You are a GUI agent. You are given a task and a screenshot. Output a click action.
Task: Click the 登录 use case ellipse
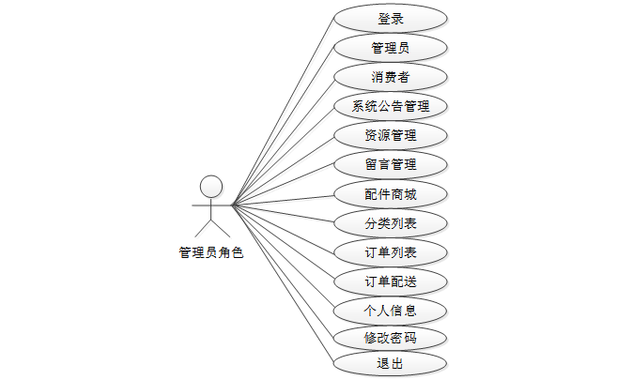tap(391, 19)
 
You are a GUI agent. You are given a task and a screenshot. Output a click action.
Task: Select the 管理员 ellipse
tap(391, 48)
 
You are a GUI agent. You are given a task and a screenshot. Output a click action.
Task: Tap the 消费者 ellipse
tap(391, 77)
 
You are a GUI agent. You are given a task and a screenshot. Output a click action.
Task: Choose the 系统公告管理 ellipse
tap(391, 106)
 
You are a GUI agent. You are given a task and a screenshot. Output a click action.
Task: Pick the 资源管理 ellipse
tap(391, 135)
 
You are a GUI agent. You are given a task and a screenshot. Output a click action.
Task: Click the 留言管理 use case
tap(391, 164)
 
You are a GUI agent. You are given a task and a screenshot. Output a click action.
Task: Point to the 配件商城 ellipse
tap(391, 194)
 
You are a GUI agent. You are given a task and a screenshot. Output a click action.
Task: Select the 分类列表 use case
tap(391, 223)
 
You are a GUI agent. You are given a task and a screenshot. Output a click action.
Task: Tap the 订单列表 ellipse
tap(391, 252)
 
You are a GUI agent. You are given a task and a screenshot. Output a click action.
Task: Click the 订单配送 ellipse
tap(391, 281)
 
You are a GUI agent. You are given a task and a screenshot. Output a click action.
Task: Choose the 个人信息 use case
tap(390, 311)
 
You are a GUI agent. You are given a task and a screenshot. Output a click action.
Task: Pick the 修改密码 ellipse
tap(390, 338)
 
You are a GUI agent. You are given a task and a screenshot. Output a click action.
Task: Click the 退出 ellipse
tap(390, 363)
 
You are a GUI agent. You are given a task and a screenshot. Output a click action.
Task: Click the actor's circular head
tap(211, 187)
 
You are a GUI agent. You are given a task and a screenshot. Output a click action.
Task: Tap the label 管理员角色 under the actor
tap(211, 252)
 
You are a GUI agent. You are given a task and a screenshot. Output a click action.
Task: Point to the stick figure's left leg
tap(203, 229)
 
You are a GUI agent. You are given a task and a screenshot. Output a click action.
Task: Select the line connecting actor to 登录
tap(283, 112)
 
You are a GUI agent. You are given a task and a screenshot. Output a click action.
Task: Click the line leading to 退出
tap(283, 284)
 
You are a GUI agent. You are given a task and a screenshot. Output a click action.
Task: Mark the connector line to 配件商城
tap(283, 200)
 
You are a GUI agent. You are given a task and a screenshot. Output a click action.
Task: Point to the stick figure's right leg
tap(221, 229)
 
